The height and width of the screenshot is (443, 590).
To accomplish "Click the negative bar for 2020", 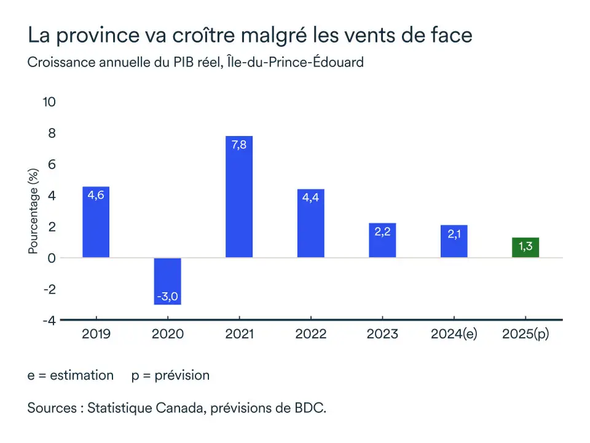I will tap(167, 281).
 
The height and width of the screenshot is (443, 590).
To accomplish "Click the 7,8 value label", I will tap(239, 146).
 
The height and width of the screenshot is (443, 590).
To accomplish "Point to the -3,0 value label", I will tap(167, 297).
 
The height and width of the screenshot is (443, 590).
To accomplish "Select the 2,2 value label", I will tap(382, 233).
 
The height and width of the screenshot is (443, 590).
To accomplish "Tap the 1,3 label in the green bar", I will tap(525, 247).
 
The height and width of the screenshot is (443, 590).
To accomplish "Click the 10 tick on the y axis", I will tap(49, 102).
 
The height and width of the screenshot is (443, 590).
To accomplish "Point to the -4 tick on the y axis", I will tap(49, 321).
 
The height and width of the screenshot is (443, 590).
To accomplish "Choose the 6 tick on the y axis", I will tap(52, 164).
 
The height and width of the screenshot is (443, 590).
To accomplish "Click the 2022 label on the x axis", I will tap(310, 334).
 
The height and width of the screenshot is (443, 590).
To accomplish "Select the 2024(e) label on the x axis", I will tap(454, 334).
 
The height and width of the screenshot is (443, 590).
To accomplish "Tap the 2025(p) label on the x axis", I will tap(525, 334).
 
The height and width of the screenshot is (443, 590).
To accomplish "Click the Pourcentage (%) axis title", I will tap(34, 211).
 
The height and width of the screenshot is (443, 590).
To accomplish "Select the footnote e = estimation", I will tap(71, 375).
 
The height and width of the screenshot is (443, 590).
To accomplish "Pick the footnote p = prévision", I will tap(170, 375).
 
